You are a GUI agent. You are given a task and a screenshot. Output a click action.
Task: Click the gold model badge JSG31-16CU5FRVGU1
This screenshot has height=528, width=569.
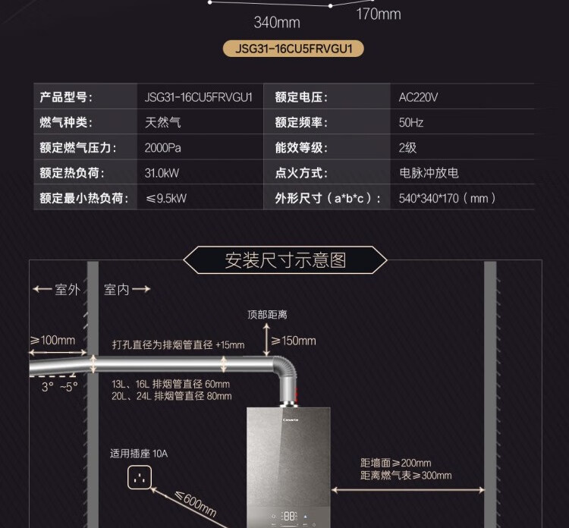[294, 49]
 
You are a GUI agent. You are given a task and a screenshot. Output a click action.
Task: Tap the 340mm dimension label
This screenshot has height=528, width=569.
[276, 23]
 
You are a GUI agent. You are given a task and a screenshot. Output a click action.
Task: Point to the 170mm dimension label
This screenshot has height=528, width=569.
[379, 14]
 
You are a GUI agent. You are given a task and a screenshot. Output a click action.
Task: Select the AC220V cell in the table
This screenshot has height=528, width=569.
[418, 97]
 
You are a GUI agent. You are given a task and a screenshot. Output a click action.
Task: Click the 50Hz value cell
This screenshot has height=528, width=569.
[411, 122]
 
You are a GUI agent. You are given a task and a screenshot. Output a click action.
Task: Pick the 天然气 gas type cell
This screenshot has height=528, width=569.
[163, 122]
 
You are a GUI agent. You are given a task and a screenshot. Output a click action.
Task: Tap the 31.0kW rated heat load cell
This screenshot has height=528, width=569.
[162, 172]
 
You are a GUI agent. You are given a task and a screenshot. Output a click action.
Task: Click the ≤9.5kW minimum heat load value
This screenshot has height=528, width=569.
[166, 198]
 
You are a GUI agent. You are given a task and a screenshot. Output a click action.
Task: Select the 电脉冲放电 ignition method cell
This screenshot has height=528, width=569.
[429, 172]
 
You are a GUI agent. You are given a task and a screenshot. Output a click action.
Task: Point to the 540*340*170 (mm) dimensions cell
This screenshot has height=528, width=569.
[448, 198]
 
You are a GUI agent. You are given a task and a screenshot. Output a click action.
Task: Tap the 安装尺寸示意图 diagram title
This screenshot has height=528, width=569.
[285, 260]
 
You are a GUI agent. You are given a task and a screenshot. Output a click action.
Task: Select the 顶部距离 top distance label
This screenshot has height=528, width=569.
[267, 314]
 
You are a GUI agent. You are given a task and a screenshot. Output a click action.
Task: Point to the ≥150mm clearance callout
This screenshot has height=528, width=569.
[294, 341]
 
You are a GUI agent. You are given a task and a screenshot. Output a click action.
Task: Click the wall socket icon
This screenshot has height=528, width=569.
[140, 477]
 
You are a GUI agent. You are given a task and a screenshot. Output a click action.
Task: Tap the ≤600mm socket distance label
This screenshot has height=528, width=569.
[195, 503]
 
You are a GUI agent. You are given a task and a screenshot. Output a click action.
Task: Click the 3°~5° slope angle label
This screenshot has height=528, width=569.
[59, 386]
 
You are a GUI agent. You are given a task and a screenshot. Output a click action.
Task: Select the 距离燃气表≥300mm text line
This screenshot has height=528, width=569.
[406, 476]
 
